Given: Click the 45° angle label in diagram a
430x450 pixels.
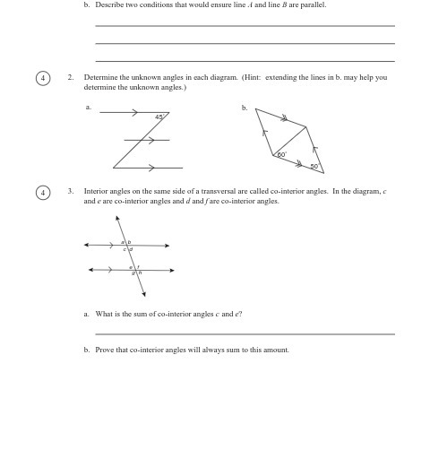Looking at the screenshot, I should coord(159,117).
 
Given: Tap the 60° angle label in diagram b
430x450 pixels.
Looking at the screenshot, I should coord(281,155).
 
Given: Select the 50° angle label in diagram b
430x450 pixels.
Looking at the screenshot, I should coord(314,166).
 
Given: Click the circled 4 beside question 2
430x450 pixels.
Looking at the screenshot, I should coord(42,78).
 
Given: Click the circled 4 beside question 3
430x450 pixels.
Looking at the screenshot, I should coord(42,192).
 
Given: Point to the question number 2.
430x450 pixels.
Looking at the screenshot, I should coord(70,77).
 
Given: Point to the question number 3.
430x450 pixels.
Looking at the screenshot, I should coord(70,191).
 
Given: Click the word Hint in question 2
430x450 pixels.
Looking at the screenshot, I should coord(250,77).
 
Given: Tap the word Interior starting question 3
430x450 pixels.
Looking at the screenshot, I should coord(98,191).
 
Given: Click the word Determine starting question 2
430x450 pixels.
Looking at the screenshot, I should coord(101,77).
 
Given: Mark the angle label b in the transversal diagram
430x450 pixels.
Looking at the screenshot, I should coord(129,242).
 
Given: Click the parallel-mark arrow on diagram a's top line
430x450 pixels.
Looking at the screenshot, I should coord(134,113).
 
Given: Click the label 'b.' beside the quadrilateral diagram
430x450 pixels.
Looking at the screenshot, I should coord(244,108).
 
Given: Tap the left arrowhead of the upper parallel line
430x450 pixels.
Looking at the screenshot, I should coord(86,245).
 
